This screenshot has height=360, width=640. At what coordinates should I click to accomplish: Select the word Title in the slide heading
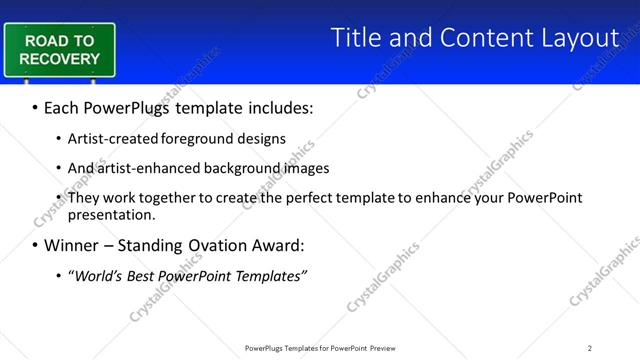click(357, 38)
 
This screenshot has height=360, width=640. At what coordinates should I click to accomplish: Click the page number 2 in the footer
click(590, 347)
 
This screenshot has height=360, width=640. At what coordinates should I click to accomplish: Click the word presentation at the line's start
click(111, 214)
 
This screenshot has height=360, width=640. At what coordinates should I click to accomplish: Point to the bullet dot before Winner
click(36, 246)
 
